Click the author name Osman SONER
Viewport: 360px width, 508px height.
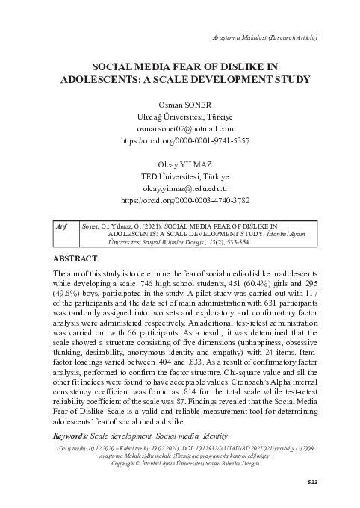pyautogui.click(x=179, y=104)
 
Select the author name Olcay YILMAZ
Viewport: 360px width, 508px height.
pyautogui.click(x=179, y=164)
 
